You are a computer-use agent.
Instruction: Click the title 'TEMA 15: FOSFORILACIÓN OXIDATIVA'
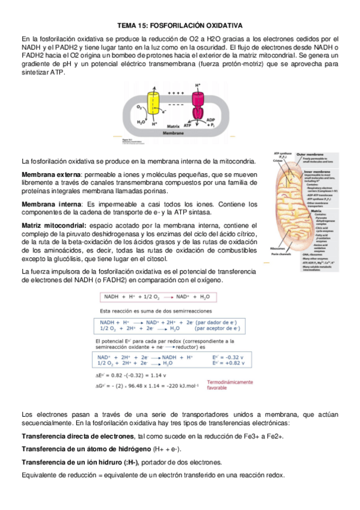coord(180,26)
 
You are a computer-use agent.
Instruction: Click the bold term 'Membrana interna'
coord(46,204)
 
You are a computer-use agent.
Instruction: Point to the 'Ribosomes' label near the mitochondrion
coord(278,248)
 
